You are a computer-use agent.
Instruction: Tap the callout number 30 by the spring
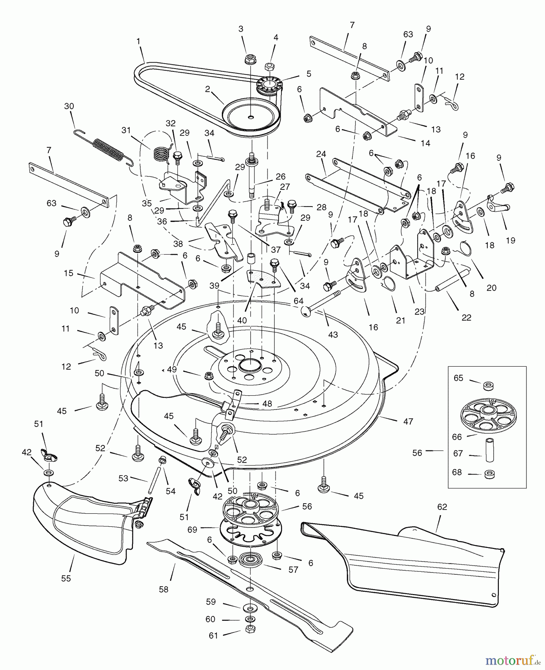click(x=69, y=106)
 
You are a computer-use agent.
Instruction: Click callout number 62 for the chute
click(x=442, y=507)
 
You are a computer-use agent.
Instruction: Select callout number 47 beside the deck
click(x=408, y=421)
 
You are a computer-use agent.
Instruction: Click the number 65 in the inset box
click(x=458, y=378)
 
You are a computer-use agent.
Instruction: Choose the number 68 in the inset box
click(x=457, y=472)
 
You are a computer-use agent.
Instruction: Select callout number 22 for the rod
click(x=466, y=317)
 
